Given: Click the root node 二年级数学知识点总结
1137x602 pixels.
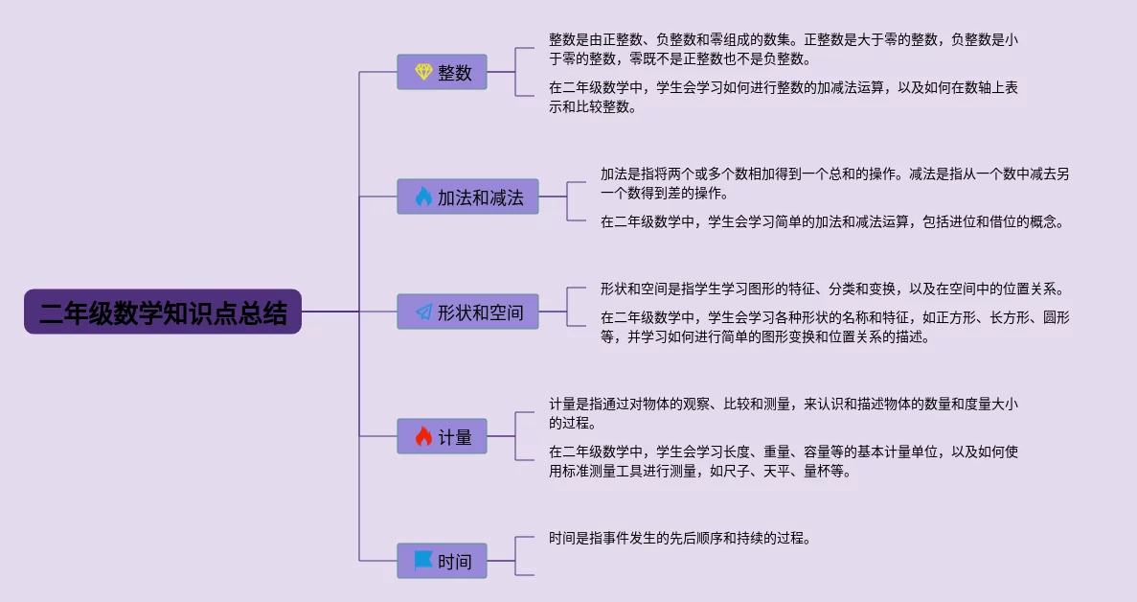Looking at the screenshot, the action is (163, 312).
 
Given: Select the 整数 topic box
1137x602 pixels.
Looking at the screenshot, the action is (442, 72).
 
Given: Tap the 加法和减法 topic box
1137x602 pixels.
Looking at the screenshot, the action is (467, 197).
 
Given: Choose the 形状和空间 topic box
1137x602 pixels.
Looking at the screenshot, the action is (467, 312).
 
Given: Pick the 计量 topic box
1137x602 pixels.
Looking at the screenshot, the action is (442, 436).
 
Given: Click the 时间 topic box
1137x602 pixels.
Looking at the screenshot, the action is (442, 561).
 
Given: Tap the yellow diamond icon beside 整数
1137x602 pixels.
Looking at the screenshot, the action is (423, 72).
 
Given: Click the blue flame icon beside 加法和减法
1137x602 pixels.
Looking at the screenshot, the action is (423, 197).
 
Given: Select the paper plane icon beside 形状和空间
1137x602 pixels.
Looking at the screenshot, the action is (423, 312).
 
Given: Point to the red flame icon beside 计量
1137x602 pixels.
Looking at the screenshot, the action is (423, 436).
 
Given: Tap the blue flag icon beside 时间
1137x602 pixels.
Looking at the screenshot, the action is (423, 561).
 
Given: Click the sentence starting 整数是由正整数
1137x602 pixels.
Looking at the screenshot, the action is (784, 49).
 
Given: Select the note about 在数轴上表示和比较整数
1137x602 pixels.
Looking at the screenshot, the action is (784, 97).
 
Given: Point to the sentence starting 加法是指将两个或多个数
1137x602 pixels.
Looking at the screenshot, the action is (834, 183).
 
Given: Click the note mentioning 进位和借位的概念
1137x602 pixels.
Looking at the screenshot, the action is (832, 222).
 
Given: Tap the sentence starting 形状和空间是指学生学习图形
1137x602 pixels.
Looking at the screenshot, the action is (832, 289).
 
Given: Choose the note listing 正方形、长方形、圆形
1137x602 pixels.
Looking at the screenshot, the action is (834, 327).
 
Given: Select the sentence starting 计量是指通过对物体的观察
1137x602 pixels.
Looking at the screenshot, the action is (784, 413).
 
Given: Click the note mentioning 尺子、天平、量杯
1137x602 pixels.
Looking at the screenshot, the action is (784, 461).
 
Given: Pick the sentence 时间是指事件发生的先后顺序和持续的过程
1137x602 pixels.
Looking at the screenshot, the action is (680, 538).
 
